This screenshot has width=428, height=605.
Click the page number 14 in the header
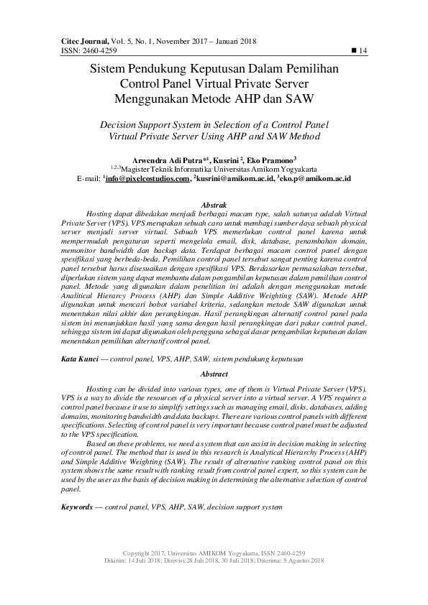363,50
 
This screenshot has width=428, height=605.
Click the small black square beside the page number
352,50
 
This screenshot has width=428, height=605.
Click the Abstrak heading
214,205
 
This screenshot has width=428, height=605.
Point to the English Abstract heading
214,374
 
